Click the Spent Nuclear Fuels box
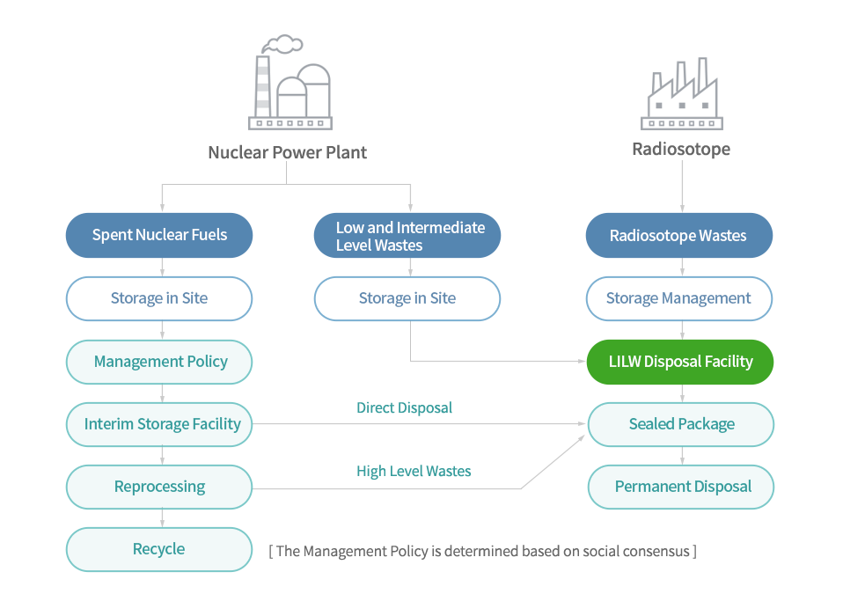point(159,235)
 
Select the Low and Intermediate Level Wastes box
point(407,236)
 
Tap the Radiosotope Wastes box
point(678,235)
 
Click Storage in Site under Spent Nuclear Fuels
point(159,298)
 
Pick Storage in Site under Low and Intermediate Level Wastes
point(407,298)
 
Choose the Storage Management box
point(678,298)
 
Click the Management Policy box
point(161,362)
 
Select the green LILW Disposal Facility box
point(680,362)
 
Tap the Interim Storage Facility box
point(162,424)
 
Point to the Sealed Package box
point(681,424)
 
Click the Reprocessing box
point(160,487)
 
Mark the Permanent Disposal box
point(683,487)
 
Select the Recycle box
point(159,549)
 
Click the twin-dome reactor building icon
point(290,83)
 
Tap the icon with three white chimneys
point(681,93)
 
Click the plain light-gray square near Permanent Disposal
point(552,461)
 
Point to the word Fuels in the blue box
point(209,235)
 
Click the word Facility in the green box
point(727,362)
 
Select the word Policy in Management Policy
point(207,362)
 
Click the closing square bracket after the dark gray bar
point(694,552)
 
